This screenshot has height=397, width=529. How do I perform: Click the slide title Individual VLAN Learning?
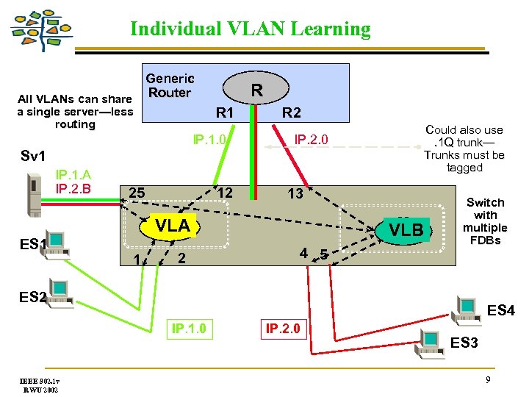[x=250, y=29]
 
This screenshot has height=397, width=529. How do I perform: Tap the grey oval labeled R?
[x=256, y=90]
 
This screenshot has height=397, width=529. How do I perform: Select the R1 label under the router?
[x=224, y=112]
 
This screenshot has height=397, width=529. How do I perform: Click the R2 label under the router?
[x=292, y=112]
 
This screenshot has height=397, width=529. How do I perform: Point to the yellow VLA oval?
[x=172, y=226]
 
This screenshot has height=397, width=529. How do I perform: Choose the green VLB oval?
[x=406, y=229]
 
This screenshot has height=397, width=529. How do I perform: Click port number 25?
[x=136, y=193]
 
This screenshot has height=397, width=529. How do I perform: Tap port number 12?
[x=226, y=193]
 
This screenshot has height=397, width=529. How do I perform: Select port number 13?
[x=295, y=193]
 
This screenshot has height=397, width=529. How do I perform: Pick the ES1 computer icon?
[x=57, y=246]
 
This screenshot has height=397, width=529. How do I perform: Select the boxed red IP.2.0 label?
[x=283, y=328]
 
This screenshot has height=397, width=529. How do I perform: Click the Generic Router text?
[x=170, y=85]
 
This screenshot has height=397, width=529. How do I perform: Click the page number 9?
[x=488, y=379]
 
